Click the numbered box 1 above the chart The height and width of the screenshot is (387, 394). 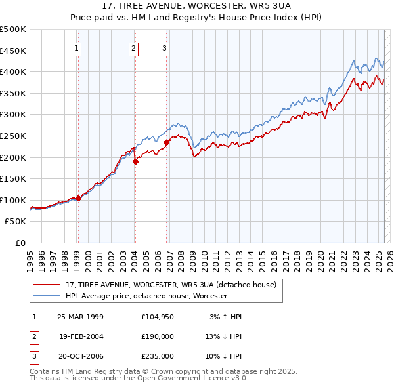coord(77,47)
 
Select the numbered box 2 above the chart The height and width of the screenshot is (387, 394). coord(133,47)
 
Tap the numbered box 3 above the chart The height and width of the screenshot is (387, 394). coord(164,47)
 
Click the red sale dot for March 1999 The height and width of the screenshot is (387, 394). coord(78,198)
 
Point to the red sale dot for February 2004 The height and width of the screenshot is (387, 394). coord(135,161)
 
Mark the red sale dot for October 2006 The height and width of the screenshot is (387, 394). coord(166,142)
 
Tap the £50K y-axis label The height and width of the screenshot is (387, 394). coord(16,222)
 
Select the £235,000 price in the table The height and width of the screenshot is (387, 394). coord(158,356)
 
